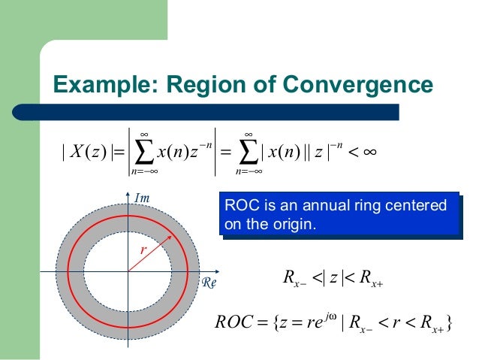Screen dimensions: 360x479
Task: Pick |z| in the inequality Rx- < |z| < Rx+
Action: (330, 283)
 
